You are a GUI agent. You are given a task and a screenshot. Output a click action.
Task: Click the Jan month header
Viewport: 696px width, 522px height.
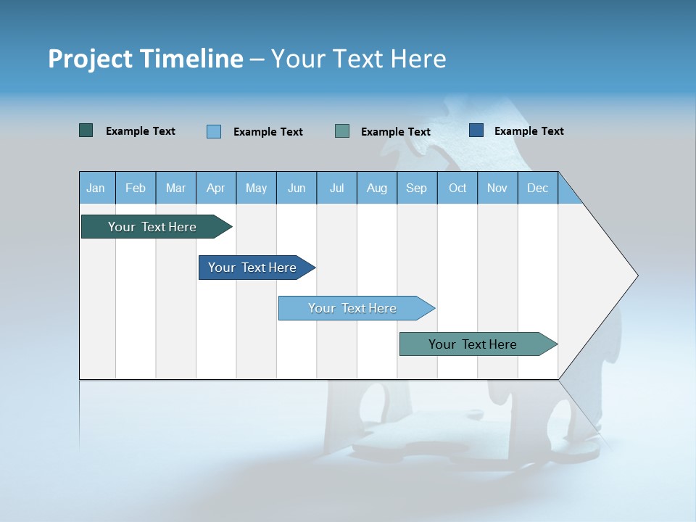tap(96, 188)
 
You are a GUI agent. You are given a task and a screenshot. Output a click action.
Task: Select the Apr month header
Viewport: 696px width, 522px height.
tap(216, 188)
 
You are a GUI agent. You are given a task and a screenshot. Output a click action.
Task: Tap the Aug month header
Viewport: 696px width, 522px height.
tap(377, 188)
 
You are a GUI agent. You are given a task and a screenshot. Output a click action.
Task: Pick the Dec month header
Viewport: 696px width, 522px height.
tap(538, 188)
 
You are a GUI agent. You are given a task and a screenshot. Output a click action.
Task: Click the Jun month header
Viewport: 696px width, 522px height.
tap(297, 188)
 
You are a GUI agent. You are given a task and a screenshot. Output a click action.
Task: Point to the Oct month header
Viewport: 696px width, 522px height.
tap(457, 188)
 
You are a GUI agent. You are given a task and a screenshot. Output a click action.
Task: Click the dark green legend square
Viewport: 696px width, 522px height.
tap(86, 130)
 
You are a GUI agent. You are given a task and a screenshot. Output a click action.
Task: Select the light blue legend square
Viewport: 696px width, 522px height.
tap(214, 131)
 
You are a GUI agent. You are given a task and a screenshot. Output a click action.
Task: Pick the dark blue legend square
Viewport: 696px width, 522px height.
tap(476, 130)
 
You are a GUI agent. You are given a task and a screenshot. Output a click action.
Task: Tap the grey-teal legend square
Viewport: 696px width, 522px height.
tap(342, 131)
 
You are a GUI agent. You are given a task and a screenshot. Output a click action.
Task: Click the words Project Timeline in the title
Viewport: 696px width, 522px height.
tap(146, 59)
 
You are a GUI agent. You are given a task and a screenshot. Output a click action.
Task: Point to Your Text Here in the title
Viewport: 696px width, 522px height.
tap(358, 59)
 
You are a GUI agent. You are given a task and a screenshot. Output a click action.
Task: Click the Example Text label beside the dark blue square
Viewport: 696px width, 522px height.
tap(529, 131)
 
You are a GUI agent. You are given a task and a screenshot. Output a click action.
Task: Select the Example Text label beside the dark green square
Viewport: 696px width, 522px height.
tap(140, 131)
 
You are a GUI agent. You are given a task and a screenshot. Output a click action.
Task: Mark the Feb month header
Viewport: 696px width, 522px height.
tap(136, 188)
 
